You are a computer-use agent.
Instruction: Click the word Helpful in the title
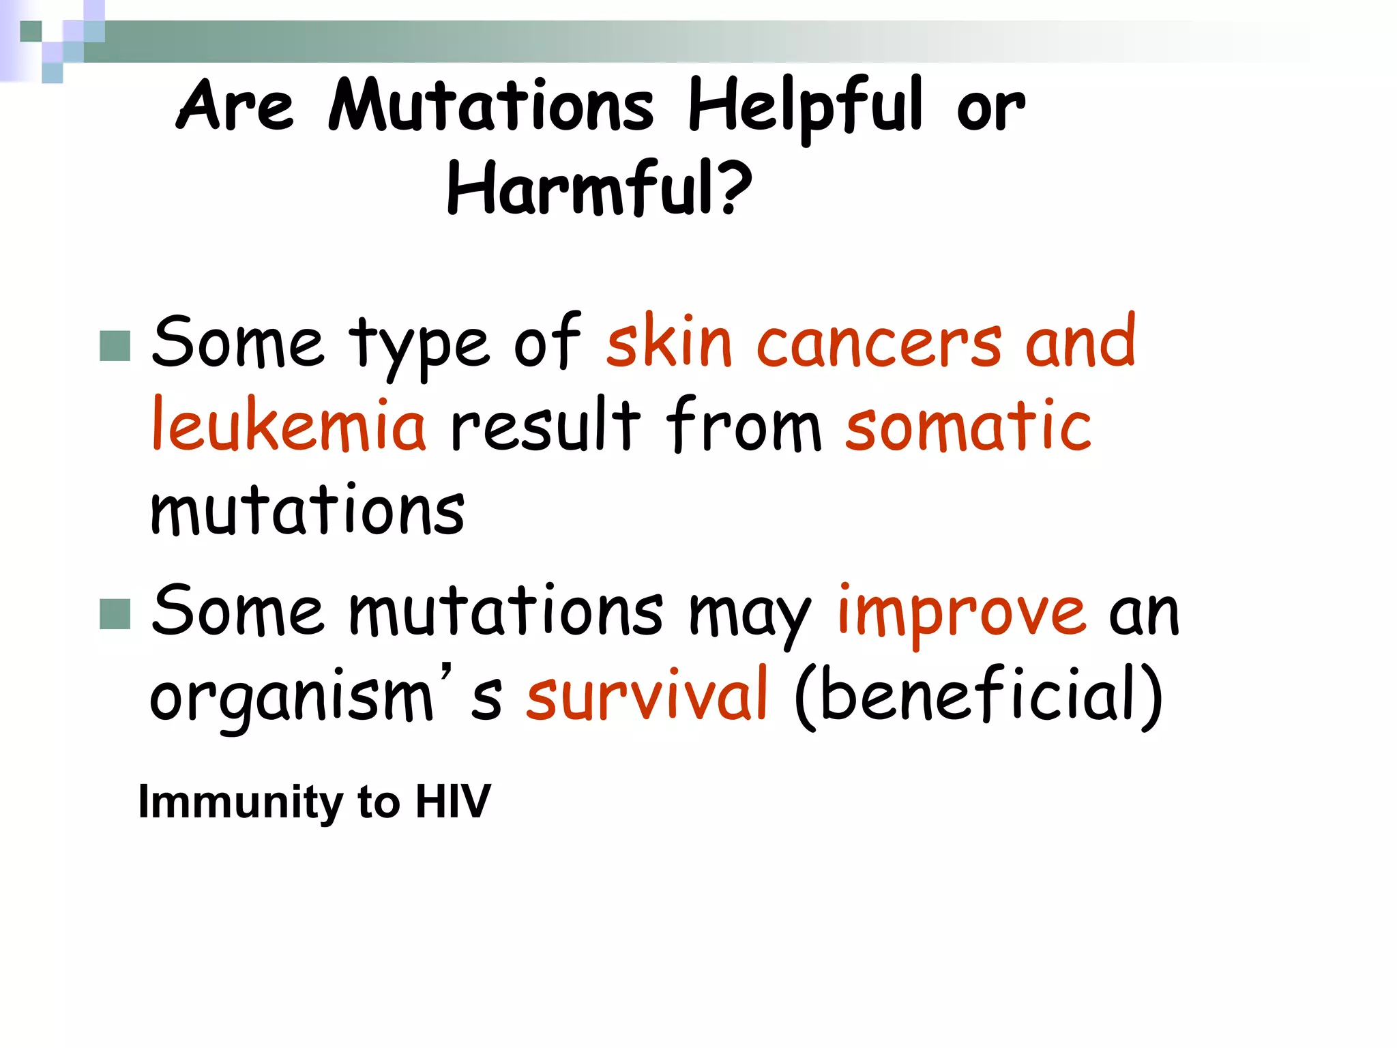[x=805, y=106]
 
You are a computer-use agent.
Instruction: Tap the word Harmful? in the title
[x=599, y=188]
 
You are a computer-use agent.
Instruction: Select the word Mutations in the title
[x=490, y=106]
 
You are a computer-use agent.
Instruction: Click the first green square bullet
[x=115, y=345]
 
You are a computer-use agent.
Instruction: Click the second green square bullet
[x=115, y=613]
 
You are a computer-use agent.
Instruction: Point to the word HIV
[x=453, y=801]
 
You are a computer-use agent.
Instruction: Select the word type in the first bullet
[x=419, y=345]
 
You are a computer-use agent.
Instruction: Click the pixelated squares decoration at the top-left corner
[x=53, y=40]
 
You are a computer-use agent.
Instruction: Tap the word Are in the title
[x=235, y=106]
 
